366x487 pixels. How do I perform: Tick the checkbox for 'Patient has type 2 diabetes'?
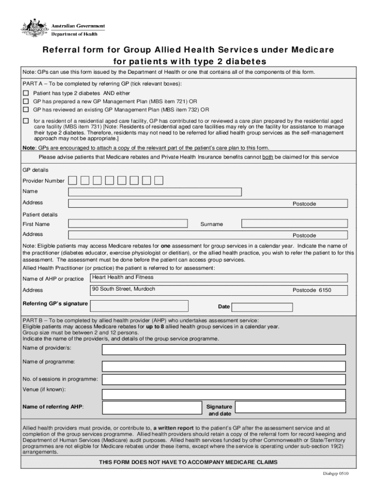pyautogui.click(x=26, y=93)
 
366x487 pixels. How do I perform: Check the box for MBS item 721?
pyautogui.click(x=26, y=101)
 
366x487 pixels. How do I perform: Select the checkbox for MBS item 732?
pyautogui.click(x=26, y=109)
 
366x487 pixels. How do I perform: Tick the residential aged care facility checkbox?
pyautogui.click(x=26, y=120)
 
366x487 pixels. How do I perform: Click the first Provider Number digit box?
pyautogui.click(x=72, y=180)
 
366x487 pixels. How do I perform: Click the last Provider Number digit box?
pyautogui.click(x=159, y=180)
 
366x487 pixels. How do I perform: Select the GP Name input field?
pyautogui.click(x=155, y=192)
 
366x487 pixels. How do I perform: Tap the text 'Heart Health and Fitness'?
pyautogui.click(x=123, y=277)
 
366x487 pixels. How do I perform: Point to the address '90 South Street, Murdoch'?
pyautogui.click(x=124, y=289)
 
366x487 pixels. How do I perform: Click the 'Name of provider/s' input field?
pyautogui.click(x=224, y=350)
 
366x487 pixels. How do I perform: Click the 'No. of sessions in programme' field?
pyautogui.click(x=224, y=380)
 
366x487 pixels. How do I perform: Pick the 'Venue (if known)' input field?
pyautogui.click(x=224, y=394)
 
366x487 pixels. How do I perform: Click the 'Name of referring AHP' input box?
pyautogui.click(x=152, y=408)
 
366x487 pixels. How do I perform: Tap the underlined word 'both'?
pyautogui.click(x=268, y=157)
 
